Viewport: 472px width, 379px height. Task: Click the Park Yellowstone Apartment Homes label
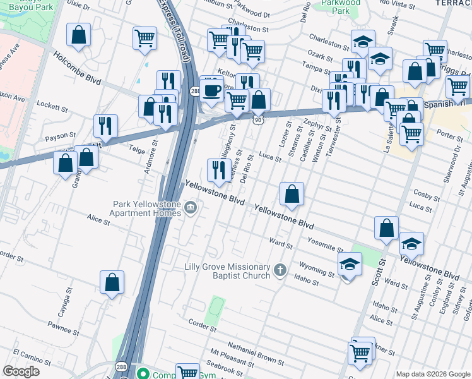(147, 208)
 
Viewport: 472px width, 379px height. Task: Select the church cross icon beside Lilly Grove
(280, 271)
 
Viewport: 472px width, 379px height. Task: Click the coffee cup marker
(212, 89)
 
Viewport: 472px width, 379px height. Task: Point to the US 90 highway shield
(259, 119)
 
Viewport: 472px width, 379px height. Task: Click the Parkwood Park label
(340, 7)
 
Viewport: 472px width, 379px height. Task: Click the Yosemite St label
(326, 245)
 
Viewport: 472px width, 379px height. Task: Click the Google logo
(21, 371)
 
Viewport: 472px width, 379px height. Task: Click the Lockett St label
(52, 104)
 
